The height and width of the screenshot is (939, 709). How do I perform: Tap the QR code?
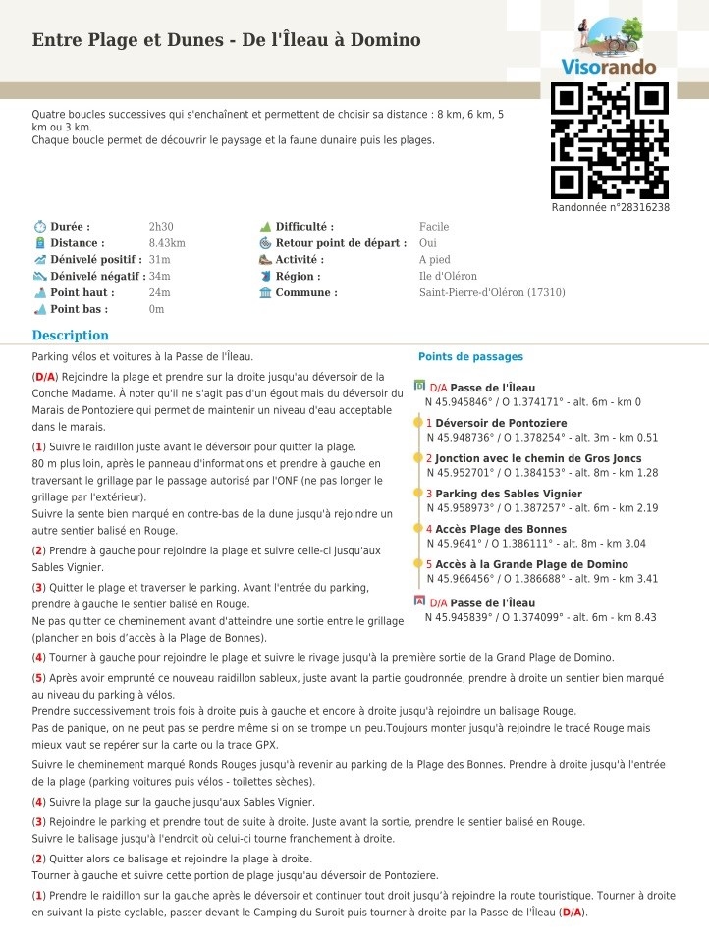[609, 141]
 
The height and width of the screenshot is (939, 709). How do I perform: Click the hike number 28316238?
[610, 208]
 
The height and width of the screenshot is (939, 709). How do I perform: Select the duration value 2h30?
[161, 227]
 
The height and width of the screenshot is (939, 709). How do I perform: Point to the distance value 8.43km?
[167, 243]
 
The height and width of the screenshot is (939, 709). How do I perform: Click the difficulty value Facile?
[434, 227]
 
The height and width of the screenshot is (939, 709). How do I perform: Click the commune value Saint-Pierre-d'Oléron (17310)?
[492, 293]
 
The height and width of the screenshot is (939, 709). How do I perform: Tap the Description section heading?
[70, 336]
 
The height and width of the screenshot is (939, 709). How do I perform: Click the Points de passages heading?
[470, 357]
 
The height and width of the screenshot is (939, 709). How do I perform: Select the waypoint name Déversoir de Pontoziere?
[501, 423]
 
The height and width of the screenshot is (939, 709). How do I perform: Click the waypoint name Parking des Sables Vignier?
[509, 494]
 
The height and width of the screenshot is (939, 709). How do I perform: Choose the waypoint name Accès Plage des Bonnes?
[501, 529]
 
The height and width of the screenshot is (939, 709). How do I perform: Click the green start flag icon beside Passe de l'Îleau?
[420, 386]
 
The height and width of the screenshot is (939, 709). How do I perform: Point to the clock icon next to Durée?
[39, 227]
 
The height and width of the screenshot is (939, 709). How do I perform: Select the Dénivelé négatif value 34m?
[159, 277]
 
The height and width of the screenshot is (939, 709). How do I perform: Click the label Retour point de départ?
[341, 243]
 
